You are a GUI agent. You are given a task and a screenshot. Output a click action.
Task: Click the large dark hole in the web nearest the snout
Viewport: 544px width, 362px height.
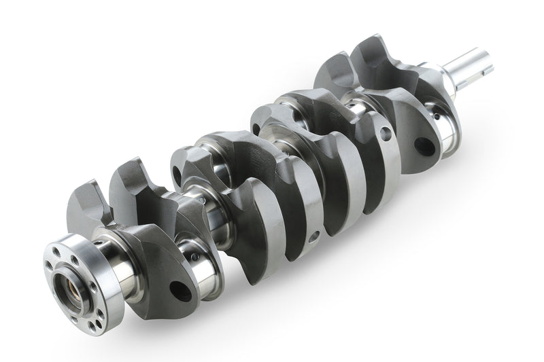[x=427, y=144]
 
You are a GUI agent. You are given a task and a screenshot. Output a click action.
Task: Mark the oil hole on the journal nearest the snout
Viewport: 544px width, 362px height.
[x=445, y=118]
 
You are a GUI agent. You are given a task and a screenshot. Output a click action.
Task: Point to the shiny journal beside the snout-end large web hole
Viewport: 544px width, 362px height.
[x=445, y=132]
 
